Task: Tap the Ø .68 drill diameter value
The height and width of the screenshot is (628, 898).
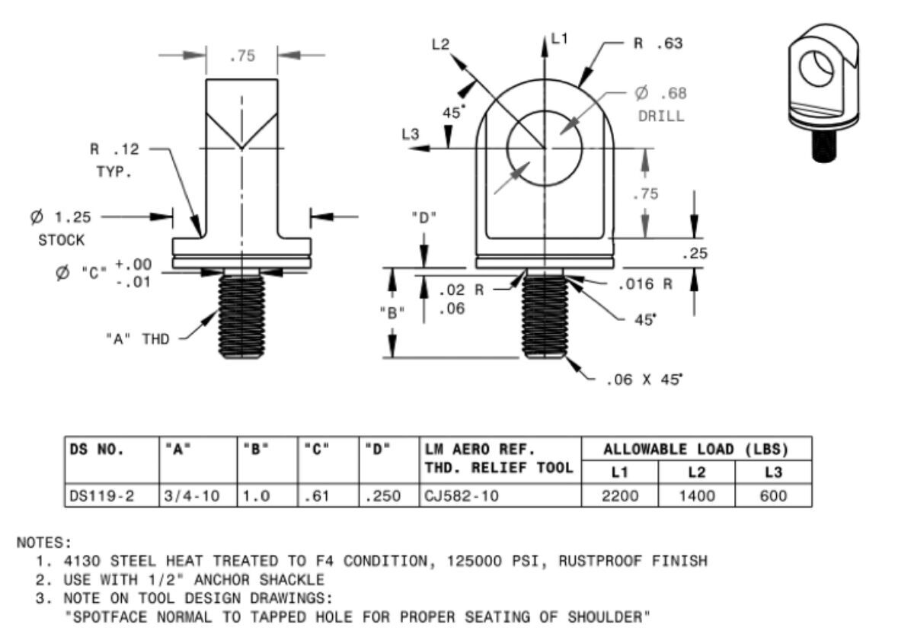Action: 660,94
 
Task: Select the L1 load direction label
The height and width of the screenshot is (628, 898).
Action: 560,39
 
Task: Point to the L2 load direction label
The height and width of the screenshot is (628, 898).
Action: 440,45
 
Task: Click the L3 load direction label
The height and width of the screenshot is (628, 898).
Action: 411,134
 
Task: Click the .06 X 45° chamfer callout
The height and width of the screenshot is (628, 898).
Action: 644,379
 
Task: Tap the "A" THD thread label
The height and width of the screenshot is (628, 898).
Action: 136,339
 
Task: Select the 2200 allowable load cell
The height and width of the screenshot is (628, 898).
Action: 619,496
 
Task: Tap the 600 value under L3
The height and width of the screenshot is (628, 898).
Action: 773,496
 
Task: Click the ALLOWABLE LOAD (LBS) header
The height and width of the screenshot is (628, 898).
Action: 695,448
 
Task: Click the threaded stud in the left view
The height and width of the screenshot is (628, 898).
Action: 241,317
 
